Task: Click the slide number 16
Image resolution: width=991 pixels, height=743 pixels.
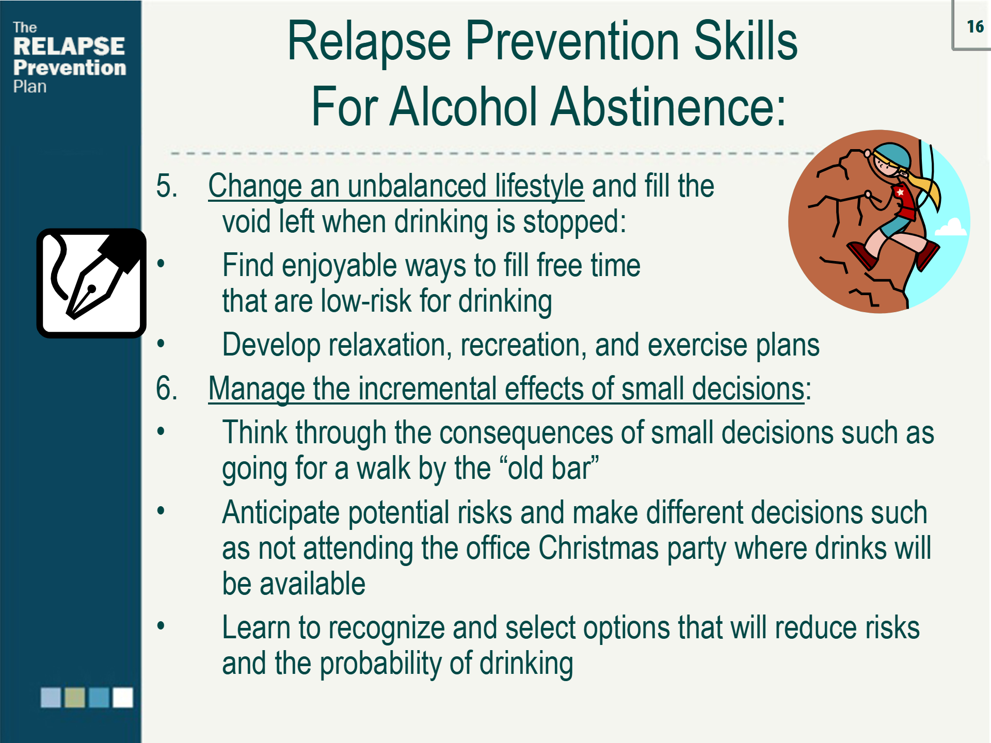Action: click(974, 26)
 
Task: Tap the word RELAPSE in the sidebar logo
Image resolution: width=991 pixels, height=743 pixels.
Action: click(69, 46)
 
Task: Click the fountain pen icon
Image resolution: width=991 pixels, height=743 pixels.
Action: click(91, 283)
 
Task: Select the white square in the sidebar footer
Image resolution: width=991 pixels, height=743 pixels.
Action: click(123, 697)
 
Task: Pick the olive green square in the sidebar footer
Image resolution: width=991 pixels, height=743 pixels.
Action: click(74, 697)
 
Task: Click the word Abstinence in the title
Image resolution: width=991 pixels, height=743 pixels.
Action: click(669, 107)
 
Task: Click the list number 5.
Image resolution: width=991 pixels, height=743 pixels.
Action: click(167, 186)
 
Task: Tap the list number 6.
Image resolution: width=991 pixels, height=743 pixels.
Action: click(167, 388)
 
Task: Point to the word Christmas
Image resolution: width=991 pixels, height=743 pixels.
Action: click(598, 548)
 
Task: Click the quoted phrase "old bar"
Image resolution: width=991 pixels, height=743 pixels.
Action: click(549, 469)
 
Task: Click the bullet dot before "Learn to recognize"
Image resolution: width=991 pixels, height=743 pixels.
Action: click(161, 626)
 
